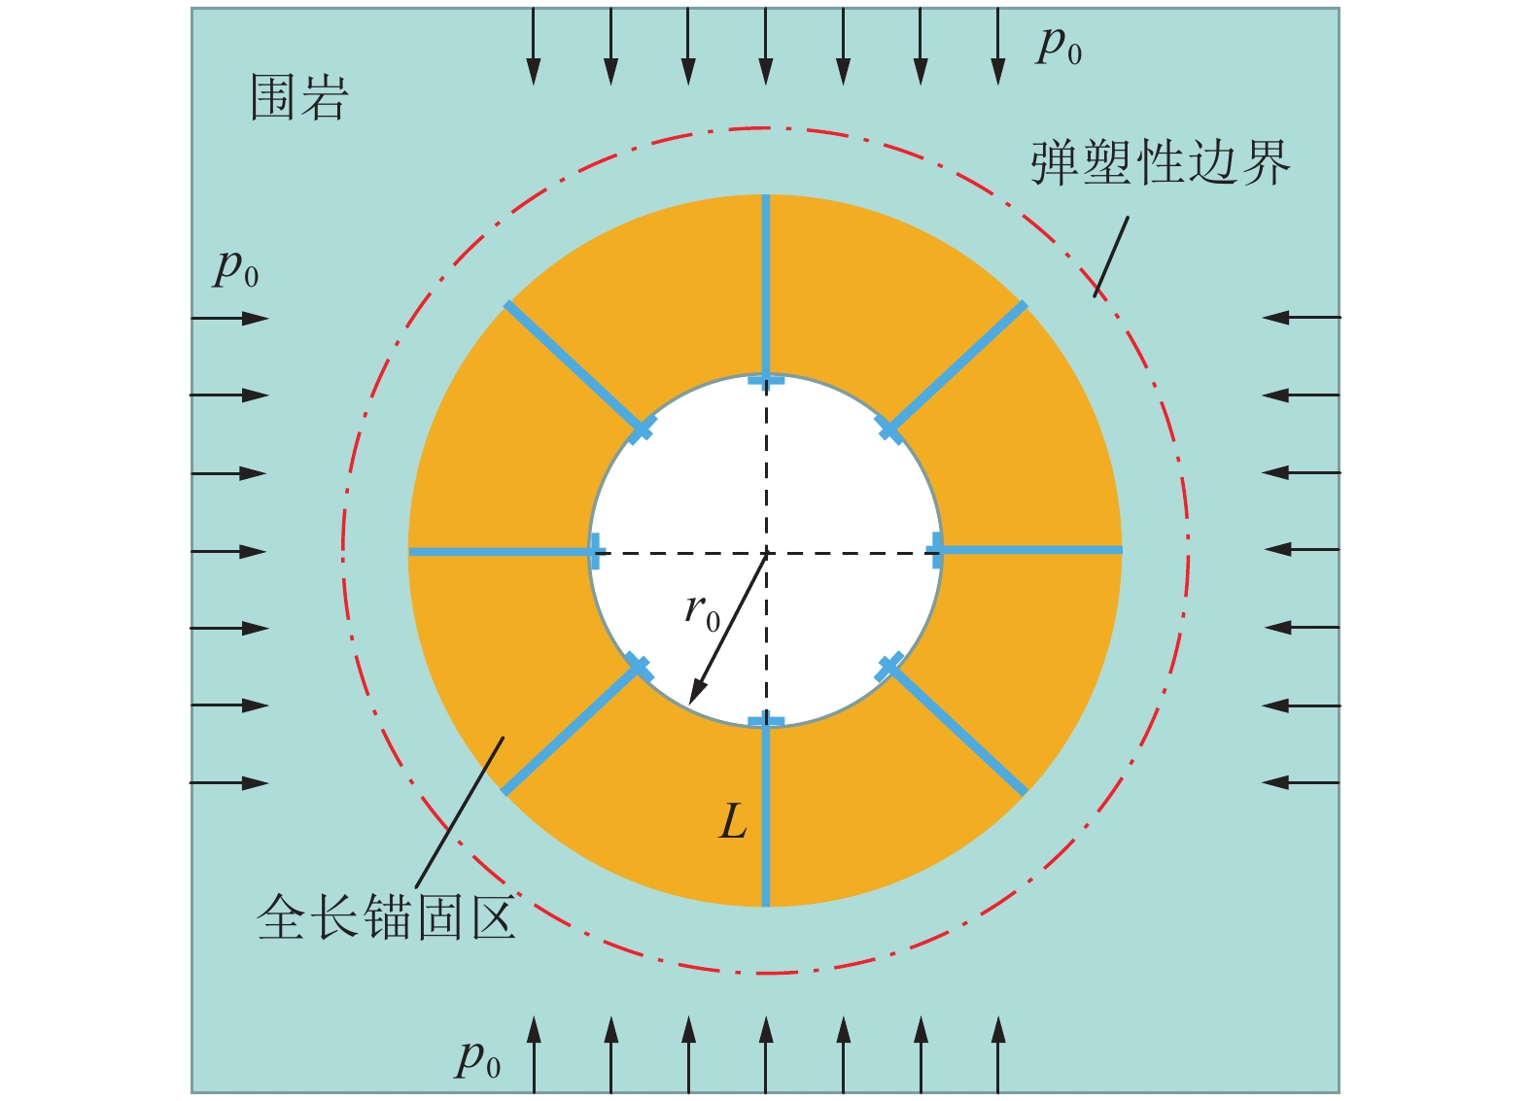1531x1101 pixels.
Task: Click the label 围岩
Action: [x=298, y=98]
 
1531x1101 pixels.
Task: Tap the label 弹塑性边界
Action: [x=1160, y=162]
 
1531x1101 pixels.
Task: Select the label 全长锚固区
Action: [x=385, y=917]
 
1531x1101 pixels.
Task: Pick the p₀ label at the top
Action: [x=1060, y=45]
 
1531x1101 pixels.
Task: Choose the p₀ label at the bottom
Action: [x=478, y=1058]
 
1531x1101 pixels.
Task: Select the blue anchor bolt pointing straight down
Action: [x=766, y=816]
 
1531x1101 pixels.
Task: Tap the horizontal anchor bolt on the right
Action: [x=1030, y=550]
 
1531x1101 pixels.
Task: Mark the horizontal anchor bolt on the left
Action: [x=501, y=552]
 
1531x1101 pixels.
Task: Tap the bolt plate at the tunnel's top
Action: [x=766, y=381]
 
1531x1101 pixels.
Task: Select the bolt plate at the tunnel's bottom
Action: [x=766, y=721]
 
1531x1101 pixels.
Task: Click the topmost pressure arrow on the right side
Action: [x=1303, y=317]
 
